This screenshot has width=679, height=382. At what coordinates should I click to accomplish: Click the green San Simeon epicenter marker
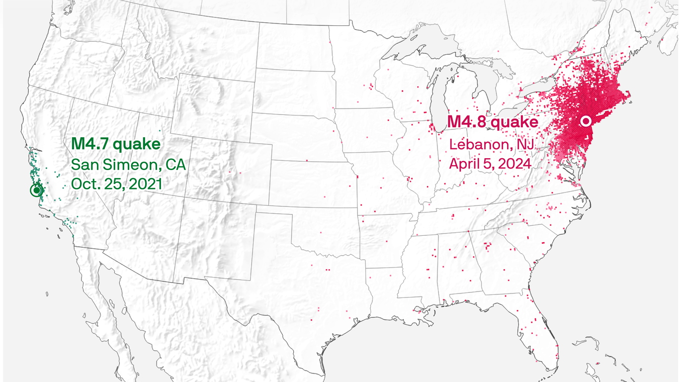36,190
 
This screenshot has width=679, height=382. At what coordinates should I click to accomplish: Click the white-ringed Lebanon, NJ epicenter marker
586,121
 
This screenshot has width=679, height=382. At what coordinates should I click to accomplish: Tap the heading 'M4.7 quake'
116,144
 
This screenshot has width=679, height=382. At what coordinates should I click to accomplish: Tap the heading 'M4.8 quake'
492,122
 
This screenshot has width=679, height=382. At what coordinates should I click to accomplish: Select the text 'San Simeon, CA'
128,165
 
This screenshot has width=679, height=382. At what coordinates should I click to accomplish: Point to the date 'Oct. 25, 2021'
117,184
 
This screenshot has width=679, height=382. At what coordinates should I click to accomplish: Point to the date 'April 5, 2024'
490,163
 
